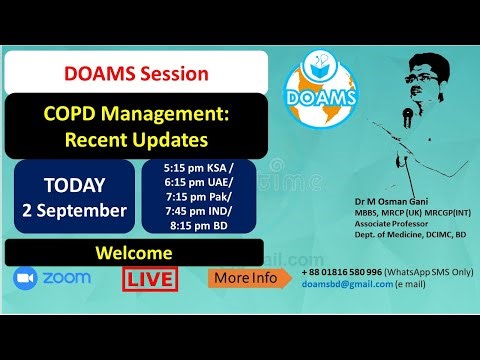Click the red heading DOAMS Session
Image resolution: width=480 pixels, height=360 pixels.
136,73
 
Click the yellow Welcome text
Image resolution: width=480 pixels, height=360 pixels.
136,253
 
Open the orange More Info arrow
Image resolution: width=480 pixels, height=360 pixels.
251,278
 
